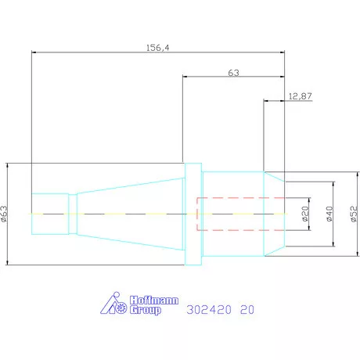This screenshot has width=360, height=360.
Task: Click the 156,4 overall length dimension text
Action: pyautogui.click(x=157, y=48)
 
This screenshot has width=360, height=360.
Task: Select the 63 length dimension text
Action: pyautogui.click(x=233, y=73)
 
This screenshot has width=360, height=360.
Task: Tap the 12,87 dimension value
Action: pyautogui.click(x=300, y=96)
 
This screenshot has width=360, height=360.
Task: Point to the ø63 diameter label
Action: pyautogui.click(x=4, y=214)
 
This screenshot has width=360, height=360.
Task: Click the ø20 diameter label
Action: pyautogui.click(x=305, y=214)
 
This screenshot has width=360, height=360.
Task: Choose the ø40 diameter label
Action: pyautogui.click(x=329, y=214)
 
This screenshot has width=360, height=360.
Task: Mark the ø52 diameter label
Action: pyautogui.click(x=354, y=214)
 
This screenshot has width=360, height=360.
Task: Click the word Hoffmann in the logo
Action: pyautogui.click(x=154, y=300)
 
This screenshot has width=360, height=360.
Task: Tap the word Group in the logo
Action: pyautogui.click(x=146, y=310)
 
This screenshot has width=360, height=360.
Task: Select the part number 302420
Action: pyautogui.click(x=209, y=310)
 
